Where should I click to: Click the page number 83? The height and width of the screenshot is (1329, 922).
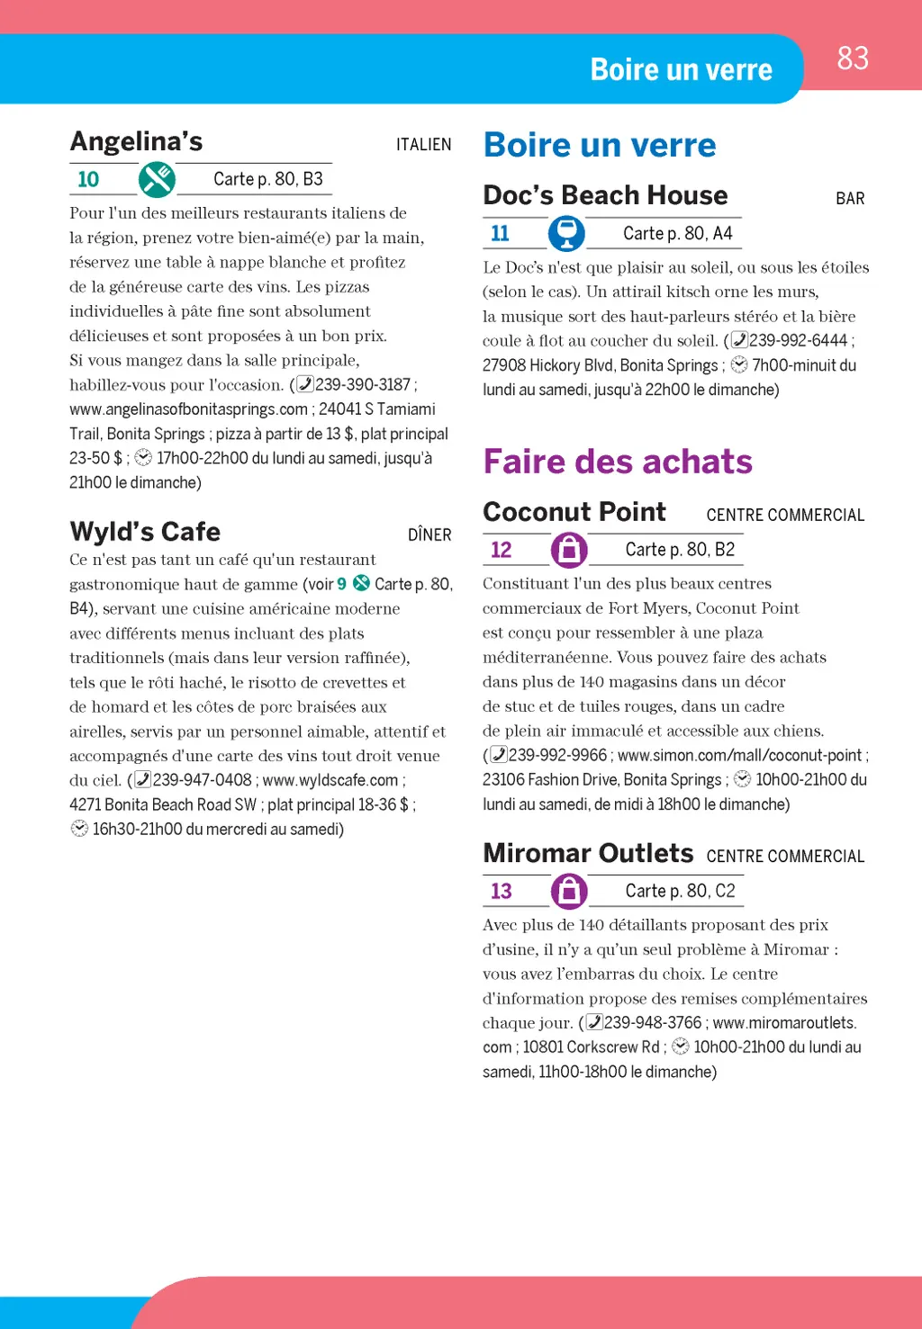click(x=853, y=58)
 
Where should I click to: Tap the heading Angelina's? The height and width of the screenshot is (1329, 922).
click(x=137, y=142)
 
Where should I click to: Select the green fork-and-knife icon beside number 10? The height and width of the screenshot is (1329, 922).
click(x=157, y=180)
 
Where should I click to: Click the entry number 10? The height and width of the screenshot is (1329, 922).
click(x=88, y=180)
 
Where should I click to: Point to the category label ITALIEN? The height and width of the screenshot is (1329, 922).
click(x=423, y=145)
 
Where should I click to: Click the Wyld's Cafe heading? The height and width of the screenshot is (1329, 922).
click(x=145, y=532)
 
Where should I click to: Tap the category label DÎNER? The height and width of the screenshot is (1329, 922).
click(x=429, y=535)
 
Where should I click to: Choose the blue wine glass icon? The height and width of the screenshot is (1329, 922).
click(x=566, y=233)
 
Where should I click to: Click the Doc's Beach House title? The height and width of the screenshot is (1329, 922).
click(x=605, y=195)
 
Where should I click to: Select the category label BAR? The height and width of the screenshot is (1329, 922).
click(x=850, y=199)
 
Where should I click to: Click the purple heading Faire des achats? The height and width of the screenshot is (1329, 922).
click(x=618, y=462)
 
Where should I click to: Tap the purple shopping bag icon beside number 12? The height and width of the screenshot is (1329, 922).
click(x=569, y=550)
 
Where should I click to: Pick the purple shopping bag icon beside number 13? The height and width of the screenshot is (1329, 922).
click(x=569, y=891)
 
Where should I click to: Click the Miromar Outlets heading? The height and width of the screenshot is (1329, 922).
click(x=588, y=853)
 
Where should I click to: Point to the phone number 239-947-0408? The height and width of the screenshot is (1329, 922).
click(x=202, y=780)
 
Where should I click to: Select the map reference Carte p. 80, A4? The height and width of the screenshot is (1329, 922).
click(x=677, y=234)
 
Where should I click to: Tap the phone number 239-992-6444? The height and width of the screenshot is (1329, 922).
click(x=798, y=340)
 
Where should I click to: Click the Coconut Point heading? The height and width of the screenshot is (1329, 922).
click(x=574, y=512)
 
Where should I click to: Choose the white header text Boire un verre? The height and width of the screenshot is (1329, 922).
click(x=681, y=70)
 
